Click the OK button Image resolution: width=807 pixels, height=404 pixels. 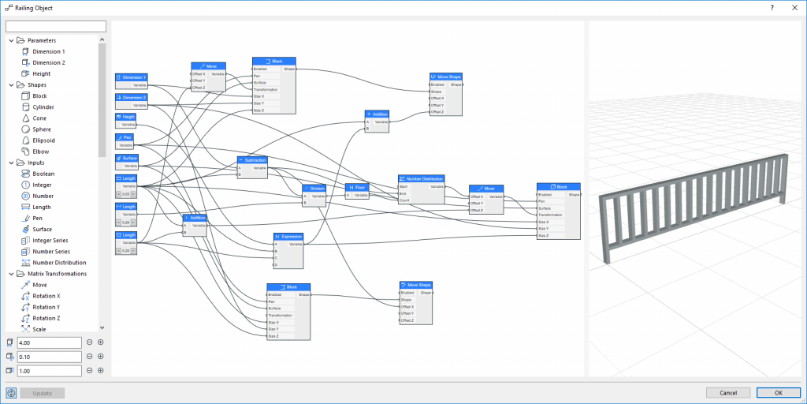coord(778,393)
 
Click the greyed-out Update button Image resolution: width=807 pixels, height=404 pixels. coord(43,393)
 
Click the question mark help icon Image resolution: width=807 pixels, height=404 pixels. coord(772,7)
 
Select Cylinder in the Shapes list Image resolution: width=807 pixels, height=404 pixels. coord(43,107)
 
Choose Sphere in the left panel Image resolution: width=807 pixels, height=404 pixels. coord(43,129)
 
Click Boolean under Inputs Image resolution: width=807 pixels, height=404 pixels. coord(43,174)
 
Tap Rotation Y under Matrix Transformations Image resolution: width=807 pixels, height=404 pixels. coord(46,307)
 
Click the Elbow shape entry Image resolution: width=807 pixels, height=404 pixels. coord(42,151)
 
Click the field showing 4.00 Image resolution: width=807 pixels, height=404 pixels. coord(49,342)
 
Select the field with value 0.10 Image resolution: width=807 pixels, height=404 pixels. coord(49,357)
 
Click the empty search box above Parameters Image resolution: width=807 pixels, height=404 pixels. coord(50,27)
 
